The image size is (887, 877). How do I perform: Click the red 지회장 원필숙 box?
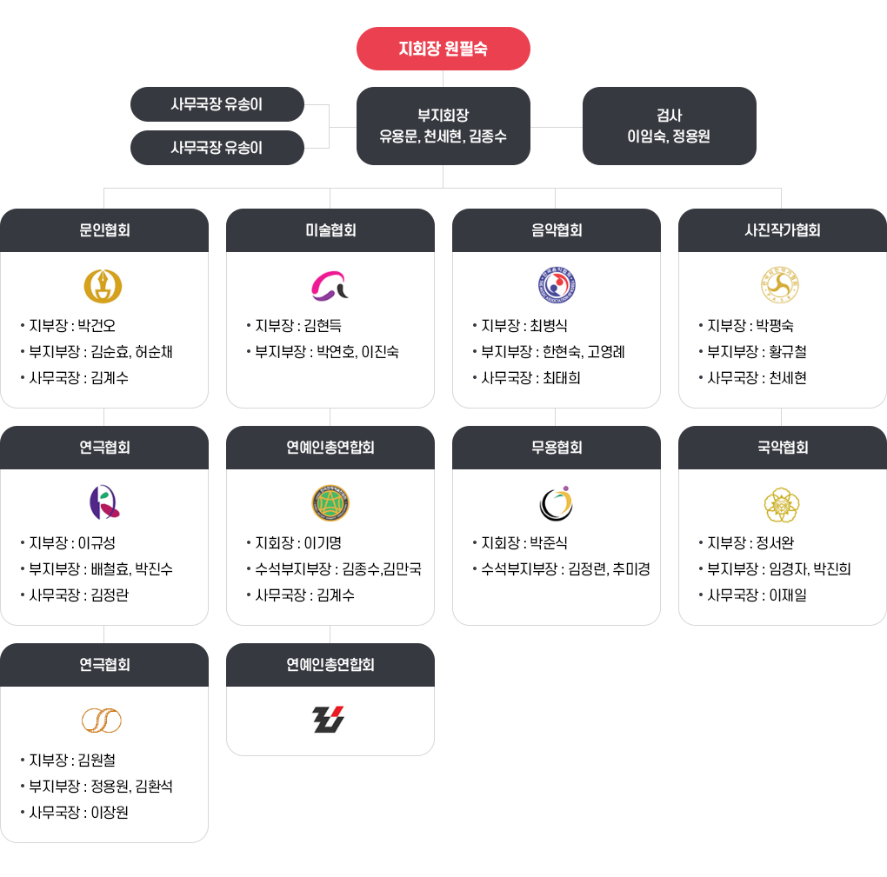443,49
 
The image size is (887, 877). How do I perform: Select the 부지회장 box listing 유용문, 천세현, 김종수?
443,126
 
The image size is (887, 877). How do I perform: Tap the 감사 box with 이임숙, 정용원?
669,126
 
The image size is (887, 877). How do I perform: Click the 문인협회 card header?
104,230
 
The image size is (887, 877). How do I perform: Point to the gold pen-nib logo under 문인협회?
103,285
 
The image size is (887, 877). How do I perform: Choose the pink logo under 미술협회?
330,285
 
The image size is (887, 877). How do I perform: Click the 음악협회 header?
557,230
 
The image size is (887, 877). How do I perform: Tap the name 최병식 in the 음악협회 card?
549,326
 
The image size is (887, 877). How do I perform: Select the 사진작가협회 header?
782,230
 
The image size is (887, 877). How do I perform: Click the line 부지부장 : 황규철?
757,352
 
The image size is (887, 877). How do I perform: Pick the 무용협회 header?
557,448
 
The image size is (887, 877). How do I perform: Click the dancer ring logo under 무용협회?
556,502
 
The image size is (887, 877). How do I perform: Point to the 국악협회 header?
782,448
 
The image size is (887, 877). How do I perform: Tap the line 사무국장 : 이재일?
757,595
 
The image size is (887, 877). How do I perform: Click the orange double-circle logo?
102,720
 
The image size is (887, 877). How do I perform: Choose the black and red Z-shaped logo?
329,719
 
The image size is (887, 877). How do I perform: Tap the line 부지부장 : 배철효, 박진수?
100,569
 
